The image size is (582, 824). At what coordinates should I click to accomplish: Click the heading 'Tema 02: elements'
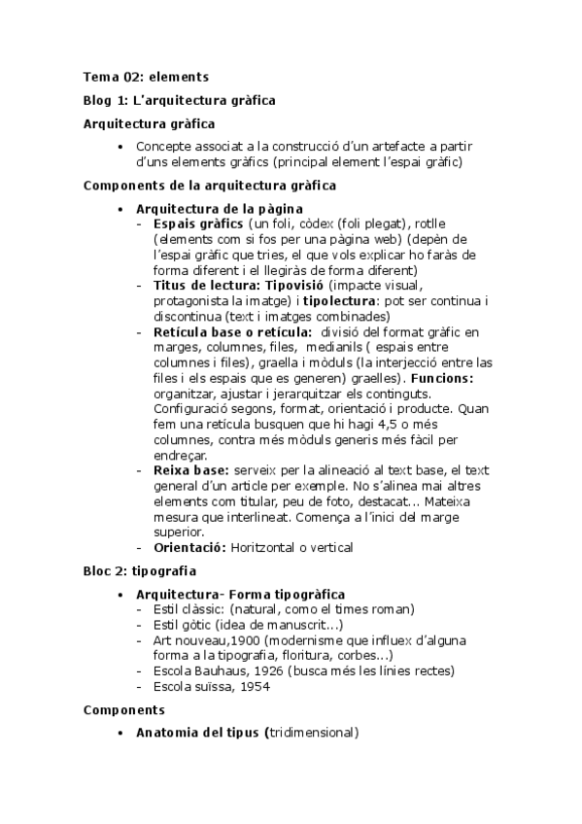146,76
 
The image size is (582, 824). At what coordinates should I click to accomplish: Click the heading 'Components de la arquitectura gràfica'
211,185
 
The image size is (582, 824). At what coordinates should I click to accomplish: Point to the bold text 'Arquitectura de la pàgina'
219,209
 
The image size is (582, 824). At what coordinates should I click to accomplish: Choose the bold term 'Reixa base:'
190,470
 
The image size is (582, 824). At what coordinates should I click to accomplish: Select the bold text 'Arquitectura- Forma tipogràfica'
240,594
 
